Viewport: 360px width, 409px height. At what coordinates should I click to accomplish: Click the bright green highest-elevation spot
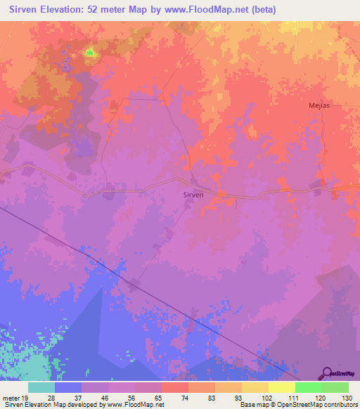click(x=90, y=53)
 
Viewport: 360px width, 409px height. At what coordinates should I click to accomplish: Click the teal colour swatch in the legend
click(x=41, y=387)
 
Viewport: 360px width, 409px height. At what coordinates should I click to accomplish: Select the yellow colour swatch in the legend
click(x=282, y=387)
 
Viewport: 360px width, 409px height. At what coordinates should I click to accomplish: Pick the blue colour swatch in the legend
click(x=68, y=387)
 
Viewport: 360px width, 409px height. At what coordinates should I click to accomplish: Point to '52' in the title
click(x=96, y=10)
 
